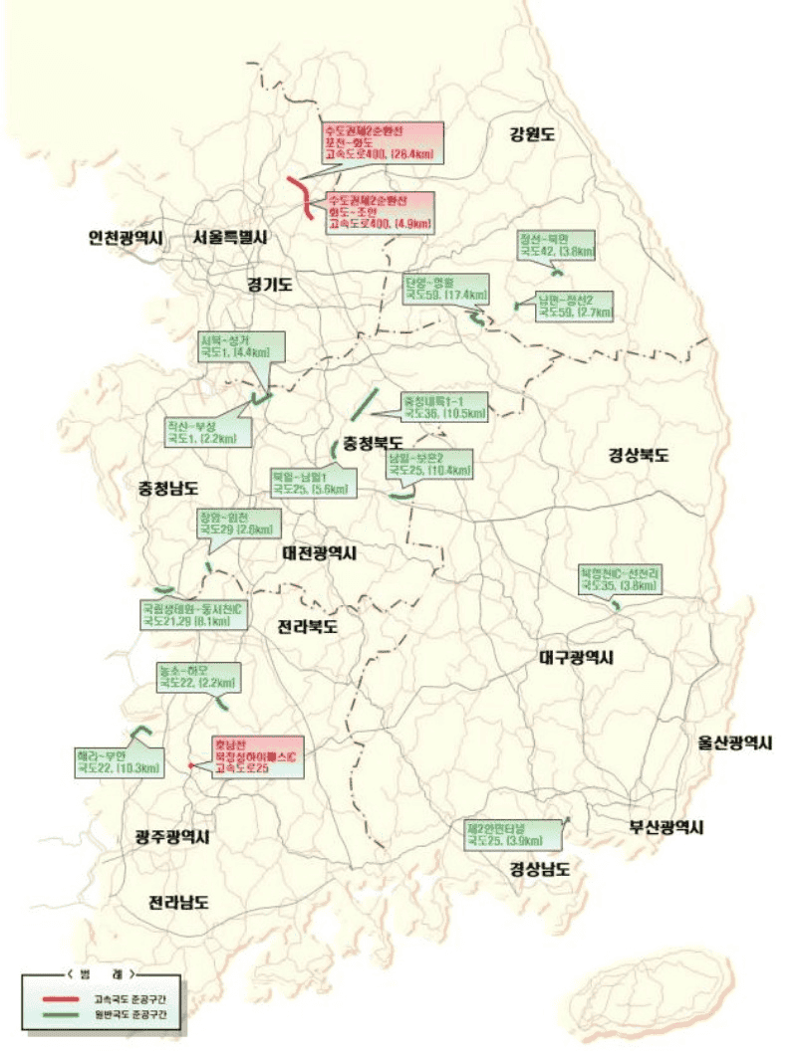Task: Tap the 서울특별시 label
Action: pyautogui.click(x=231, y=238)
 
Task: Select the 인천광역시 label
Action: pyautogui.click(x=127, y=238)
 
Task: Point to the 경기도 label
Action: pyautogui.click(x=270, y=285)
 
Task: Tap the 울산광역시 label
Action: pyautogui.click(x=735, y=743)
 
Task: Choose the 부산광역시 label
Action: pyautogui.click(x=666, y=826)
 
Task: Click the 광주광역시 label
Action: pyautogui.click(x=171, y=837)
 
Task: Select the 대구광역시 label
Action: pyautogui.click(x=576, y=658)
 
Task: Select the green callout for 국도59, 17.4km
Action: pyautogui.click(x=446, y=289)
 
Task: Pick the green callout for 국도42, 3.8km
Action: pyautogui.click(x=556, y=246)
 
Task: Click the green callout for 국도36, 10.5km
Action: pyautogui.click(x=444, y=406)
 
